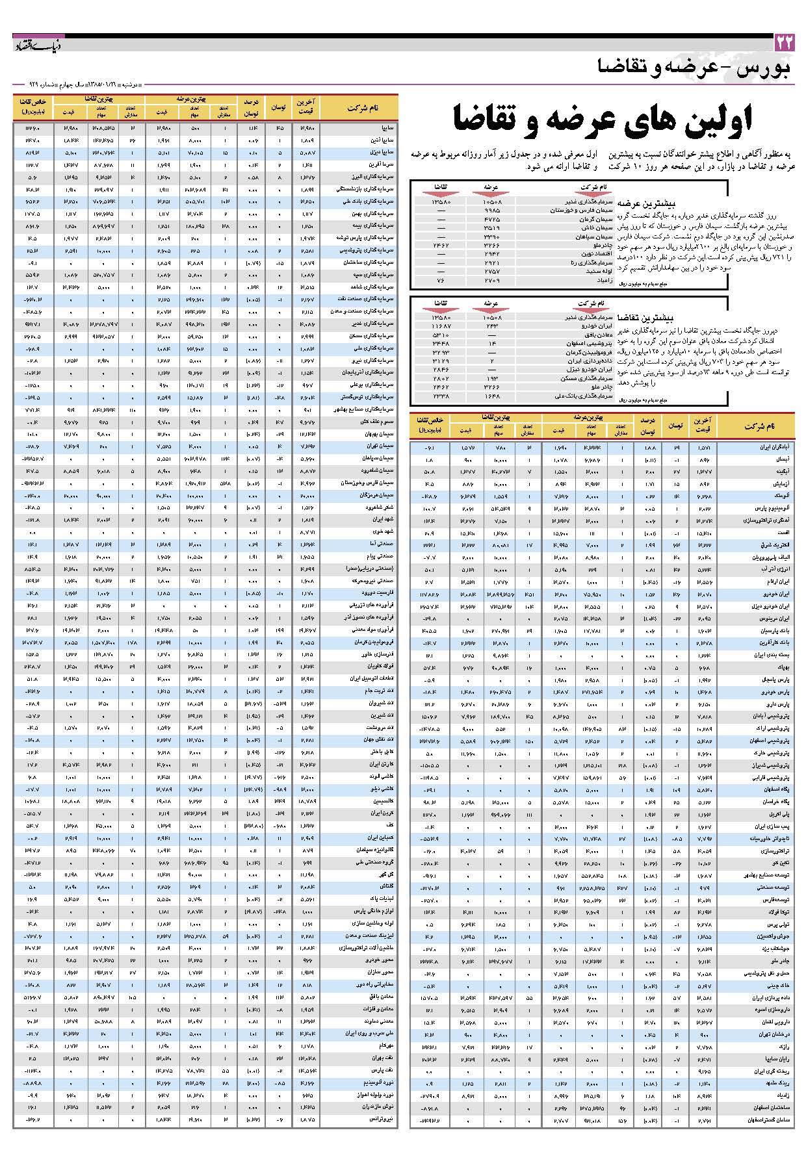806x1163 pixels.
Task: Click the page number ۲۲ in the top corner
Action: (x=785, y=43)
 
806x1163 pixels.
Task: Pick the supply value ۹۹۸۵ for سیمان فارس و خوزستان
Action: (x=492, y=211)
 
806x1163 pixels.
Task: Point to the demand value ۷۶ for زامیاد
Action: (x=440, y=279)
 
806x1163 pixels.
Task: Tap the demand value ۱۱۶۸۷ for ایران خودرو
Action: (x=440, y=326)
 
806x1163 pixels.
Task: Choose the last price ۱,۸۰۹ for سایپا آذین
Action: (x=307, y=140)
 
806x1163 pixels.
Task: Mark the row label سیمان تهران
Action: (x=380, y=446)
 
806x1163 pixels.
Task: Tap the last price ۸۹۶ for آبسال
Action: (x=705, y=459)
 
